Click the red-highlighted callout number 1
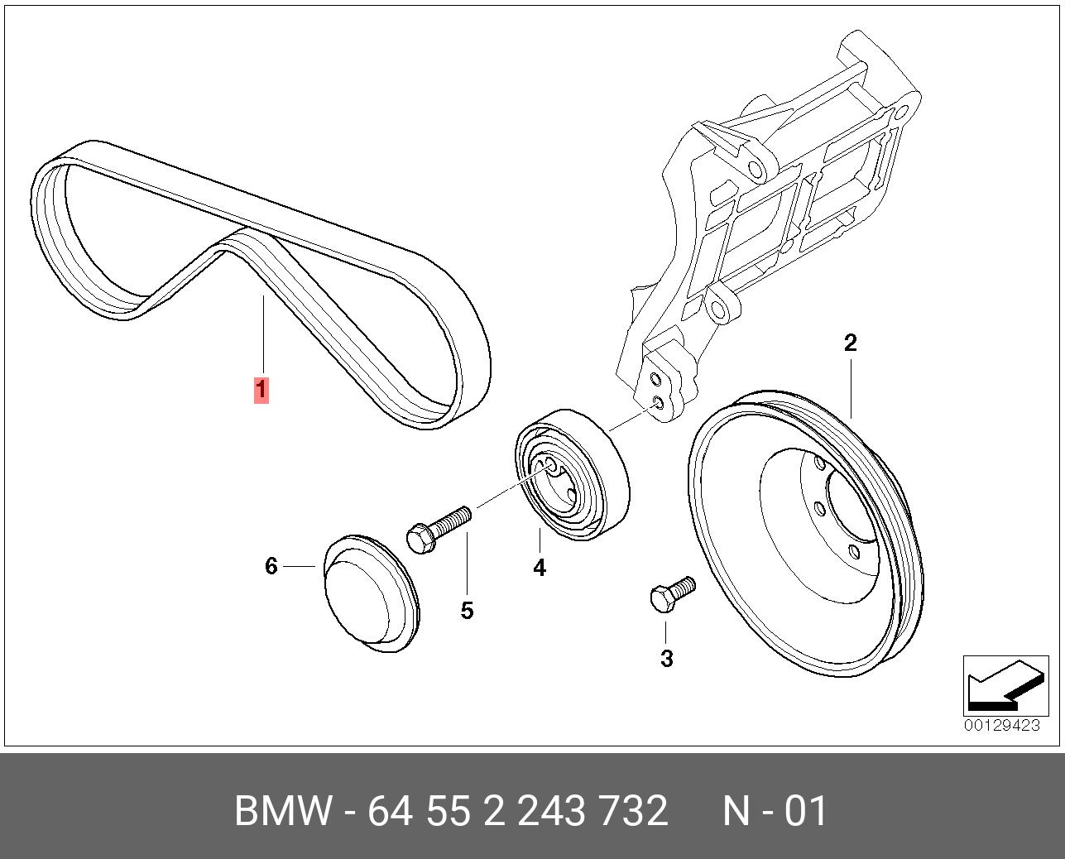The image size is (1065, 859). pos(261,389)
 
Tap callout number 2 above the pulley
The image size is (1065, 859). pos(850,343)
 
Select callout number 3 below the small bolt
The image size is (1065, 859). pos(666,659)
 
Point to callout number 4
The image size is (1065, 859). pos(540,568)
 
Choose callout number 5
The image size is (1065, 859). pos(467,611)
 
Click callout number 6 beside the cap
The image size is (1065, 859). pos(271,566)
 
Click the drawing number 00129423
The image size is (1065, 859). pos(1001,726)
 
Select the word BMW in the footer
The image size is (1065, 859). pos(284,811)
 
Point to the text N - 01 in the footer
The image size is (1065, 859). pos(775,811)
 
